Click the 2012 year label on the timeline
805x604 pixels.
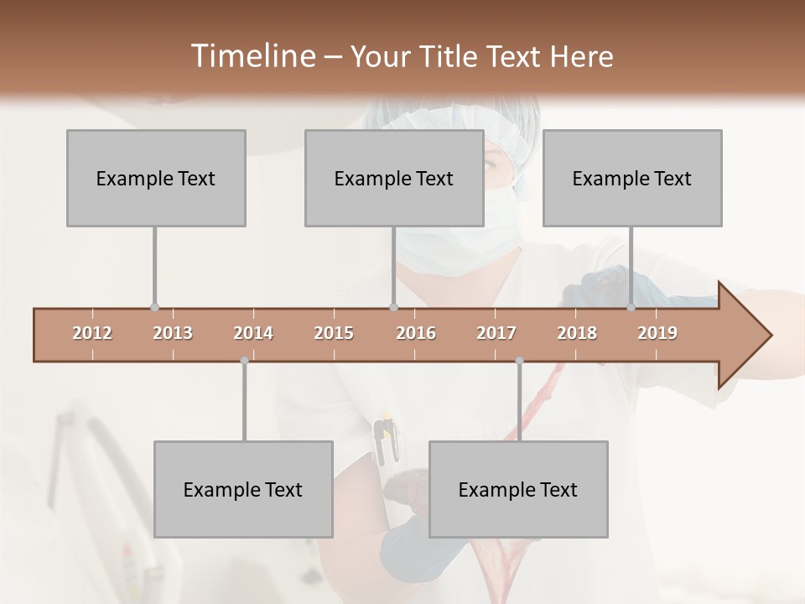(x=92, y=333)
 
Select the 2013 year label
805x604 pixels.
(x=173, y=333)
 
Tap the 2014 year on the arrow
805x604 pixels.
(x=253, y=333)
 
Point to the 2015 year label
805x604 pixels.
(x=334, y=333)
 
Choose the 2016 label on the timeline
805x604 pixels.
(x=416, y=333)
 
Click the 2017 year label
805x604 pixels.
(x=496, y=333)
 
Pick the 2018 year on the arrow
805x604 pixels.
(x=577, y=333)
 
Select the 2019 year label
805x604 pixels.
(x=657, y=333)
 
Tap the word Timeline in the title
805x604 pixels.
(x=252, y=56)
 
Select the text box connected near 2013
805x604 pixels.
(x=156, y=178)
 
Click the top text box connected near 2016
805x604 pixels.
(x=394, y=178)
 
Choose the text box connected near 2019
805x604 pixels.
(x=632, y=178)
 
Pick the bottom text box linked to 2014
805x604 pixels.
(x=243, y=489)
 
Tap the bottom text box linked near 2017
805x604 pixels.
(x=518, y=489)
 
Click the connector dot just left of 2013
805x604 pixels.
(x=154, y=308)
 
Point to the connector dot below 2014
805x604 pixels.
(x=244, y=361)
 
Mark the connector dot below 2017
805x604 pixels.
(x=519, y=361)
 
